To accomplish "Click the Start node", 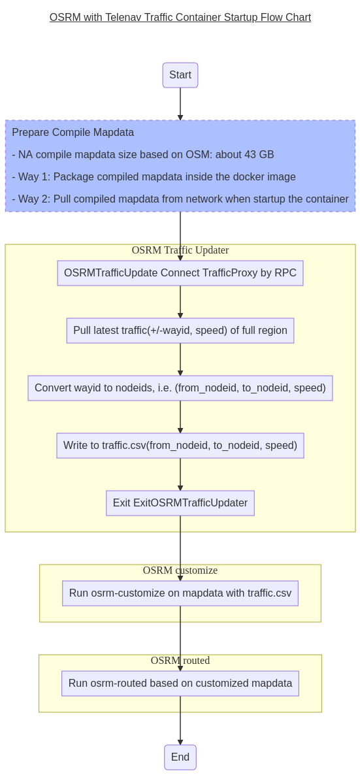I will coord(180,75).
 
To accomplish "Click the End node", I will coord(180,757).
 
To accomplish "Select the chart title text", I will coord(180,18).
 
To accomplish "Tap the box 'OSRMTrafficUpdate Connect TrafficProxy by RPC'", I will coord(180,273).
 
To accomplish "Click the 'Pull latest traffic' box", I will coord(180,331).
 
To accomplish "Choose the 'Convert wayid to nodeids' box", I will coord(180,388).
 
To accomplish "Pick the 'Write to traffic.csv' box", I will coord(180,446).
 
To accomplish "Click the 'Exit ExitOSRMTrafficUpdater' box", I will coord(180,503).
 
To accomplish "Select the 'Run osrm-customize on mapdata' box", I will coord(180,593).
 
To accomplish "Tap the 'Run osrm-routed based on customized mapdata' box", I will coord(180,684).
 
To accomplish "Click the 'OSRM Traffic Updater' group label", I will coord(180,250).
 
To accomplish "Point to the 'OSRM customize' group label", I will coord(180,570).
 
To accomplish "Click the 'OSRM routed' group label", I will coord(180,661).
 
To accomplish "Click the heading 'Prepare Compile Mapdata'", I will coord(73,133).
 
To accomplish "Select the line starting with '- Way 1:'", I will coord(154,177).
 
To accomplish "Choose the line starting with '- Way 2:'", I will coord(180,199).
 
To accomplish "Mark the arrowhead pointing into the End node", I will coord(180,742).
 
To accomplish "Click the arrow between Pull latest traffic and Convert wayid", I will coord(180,359).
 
